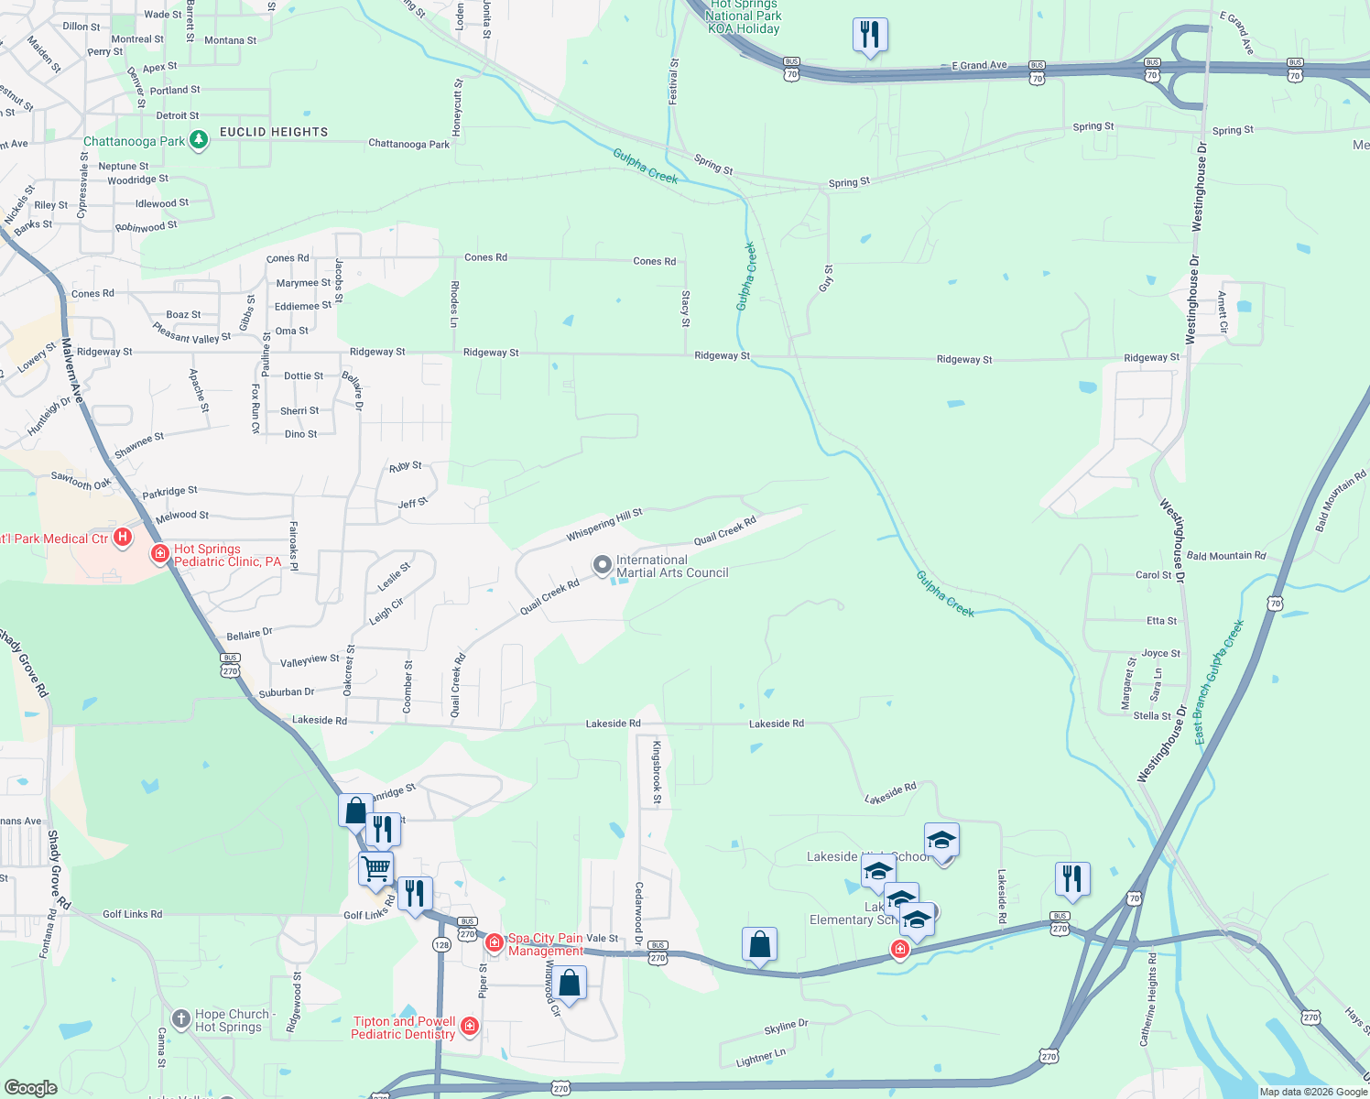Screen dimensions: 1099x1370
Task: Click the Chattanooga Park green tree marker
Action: click(x=199, y=140)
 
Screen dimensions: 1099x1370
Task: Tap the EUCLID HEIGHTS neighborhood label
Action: click(x=274, y=132)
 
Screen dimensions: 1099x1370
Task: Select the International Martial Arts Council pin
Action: click(x=602, y=565)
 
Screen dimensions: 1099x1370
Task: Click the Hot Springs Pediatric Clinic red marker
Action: click(x=160, y=553)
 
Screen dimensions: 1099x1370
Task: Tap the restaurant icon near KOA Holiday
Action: click(x=869, y=35)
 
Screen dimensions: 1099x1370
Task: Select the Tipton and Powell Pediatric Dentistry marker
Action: click(x=470, y=1026)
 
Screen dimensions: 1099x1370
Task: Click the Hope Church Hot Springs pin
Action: click(x=181, y=1018)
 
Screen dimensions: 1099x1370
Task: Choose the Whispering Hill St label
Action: click(x=604, y=525)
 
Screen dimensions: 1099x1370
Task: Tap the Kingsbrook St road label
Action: click(x=657, y=773)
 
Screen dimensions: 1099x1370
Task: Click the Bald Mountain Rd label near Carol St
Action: click(x=1225, y=555)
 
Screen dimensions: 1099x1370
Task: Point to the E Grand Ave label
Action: click(x=979, y=65)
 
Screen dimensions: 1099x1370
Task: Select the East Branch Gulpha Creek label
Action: click(x=1220, y=681)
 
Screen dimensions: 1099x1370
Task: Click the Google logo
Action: click(x=30, y=1087)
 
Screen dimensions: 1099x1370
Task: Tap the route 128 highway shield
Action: click(x=441, y=945)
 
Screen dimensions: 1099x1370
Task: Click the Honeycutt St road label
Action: click(x=459, y=107)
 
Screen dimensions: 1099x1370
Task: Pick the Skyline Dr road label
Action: click(x=786, y=1027)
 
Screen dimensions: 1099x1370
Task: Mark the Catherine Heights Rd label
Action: click(x=1147, y=999)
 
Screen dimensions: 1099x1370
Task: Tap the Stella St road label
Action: click(x=1152, y=715)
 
